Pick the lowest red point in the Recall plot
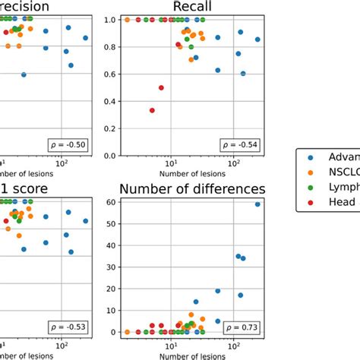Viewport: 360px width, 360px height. coord(152,110)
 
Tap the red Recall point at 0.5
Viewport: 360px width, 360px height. coord(161,87)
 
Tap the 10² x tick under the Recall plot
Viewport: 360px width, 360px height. coord(233,163)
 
